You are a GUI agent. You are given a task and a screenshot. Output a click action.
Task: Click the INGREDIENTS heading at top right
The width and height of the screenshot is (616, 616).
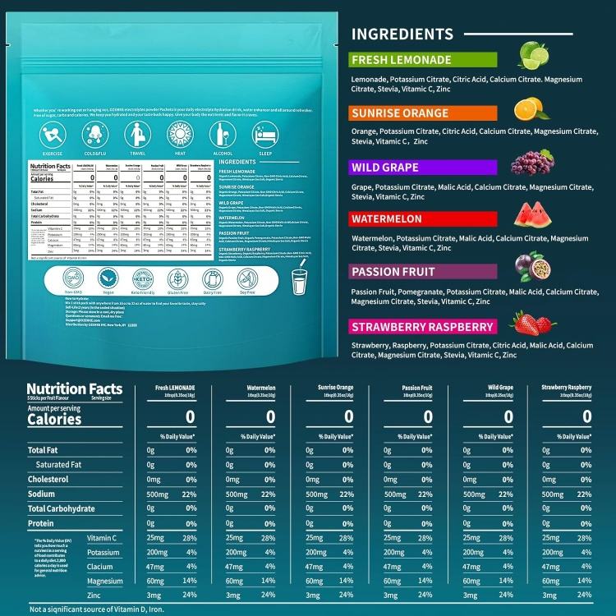402,34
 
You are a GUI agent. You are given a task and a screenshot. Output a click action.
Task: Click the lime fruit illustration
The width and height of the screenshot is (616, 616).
533,56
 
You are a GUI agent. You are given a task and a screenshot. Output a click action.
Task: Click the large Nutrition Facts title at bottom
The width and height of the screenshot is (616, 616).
74,389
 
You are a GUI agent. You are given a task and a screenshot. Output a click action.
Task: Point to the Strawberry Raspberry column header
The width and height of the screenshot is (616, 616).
567,387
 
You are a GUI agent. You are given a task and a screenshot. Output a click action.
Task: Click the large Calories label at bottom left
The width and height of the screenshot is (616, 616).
54,419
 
